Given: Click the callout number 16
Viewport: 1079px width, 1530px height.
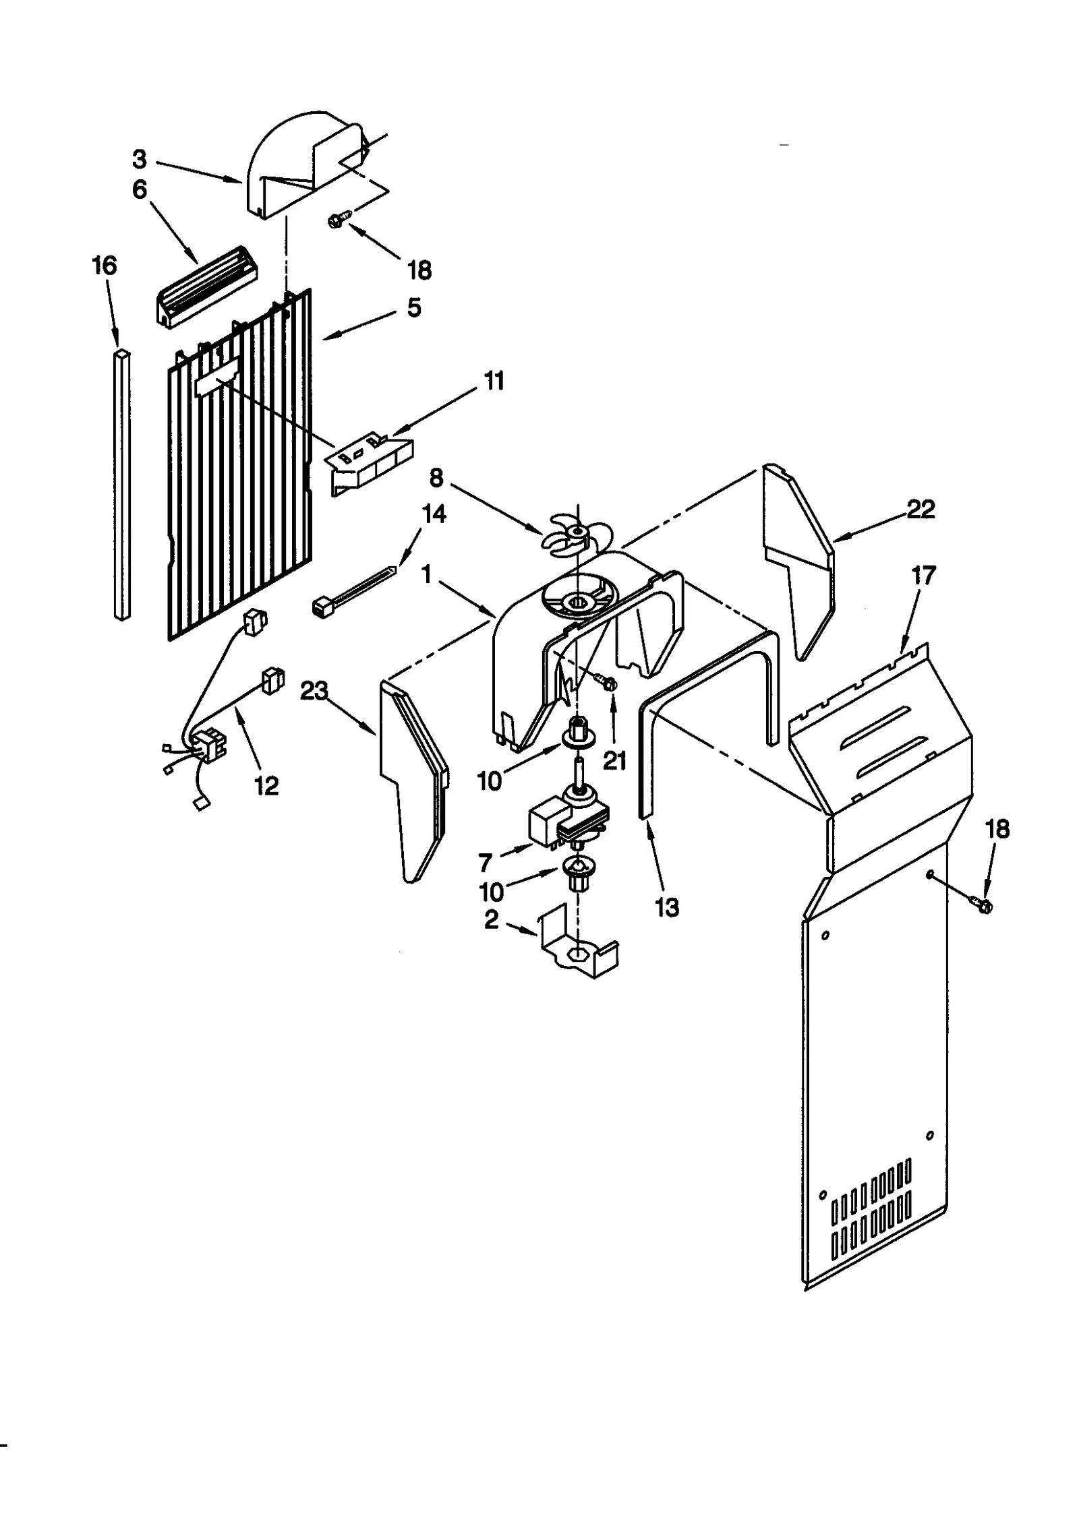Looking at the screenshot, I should click(x=104, y=266).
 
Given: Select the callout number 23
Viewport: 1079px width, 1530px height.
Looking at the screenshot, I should click(x=314, y=691).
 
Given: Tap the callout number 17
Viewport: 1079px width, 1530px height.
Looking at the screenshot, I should click(x=923, y=576).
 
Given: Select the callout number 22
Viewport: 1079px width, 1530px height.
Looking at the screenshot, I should click(x=921, y=510).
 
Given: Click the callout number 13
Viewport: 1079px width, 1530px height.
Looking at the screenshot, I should click(x=666, y=908).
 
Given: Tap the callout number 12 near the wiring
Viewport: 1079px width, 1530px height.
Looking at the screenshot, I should click(x=266, y=785).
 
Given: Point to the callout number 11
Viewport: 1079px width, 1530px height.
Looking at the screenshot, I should click(x=494, y=381).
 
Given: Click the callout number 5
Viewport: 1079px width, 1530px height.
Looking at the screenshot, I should click(x=414, y=308).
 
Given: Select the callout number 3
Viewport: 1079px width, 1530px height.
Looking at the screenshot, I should click(x=139, y=160).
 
